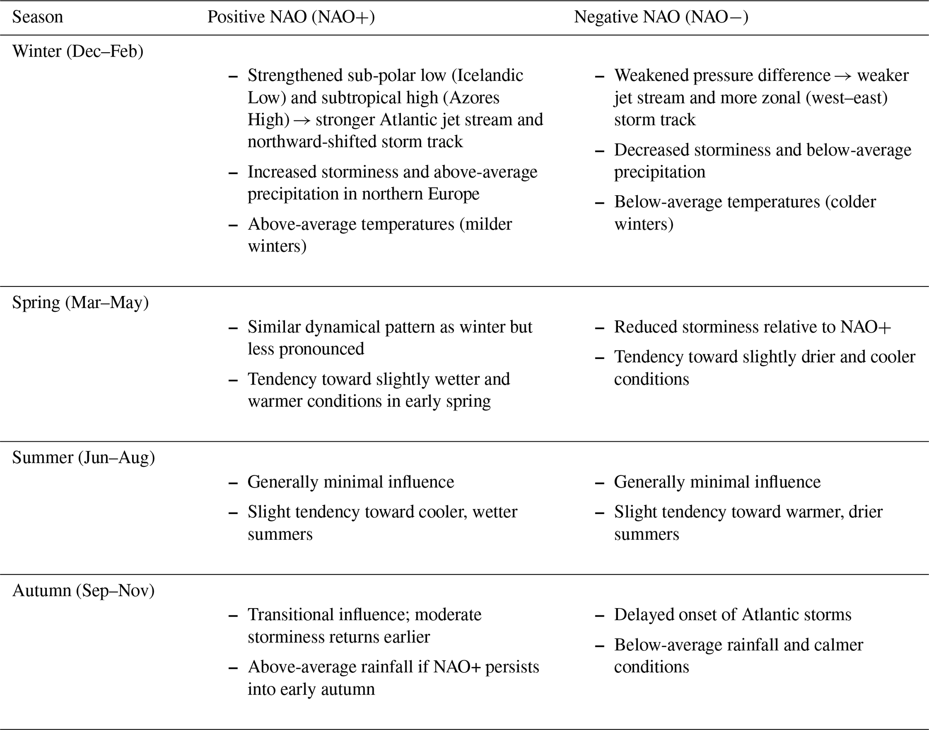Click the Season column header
(x=37, y=17)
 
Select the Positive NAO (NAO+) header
(x=291, y=17)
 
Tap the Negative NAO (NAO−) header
(x=661, y=17)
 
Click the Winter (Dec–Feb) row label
(x=78, y=51)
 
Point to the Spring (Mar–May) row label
(x=80, y=302)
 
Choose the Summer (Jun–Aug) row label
(x=83, y=457)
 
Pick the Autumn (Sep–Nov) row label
(x=83, y=590)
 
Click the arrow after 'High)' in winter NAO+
(x=302, y=120)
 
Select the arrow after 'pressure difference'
(x=843, y=76)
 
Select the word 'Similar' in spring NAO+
(x=274, y=327)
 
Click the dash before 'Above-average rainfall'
(x=233, y=667)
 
